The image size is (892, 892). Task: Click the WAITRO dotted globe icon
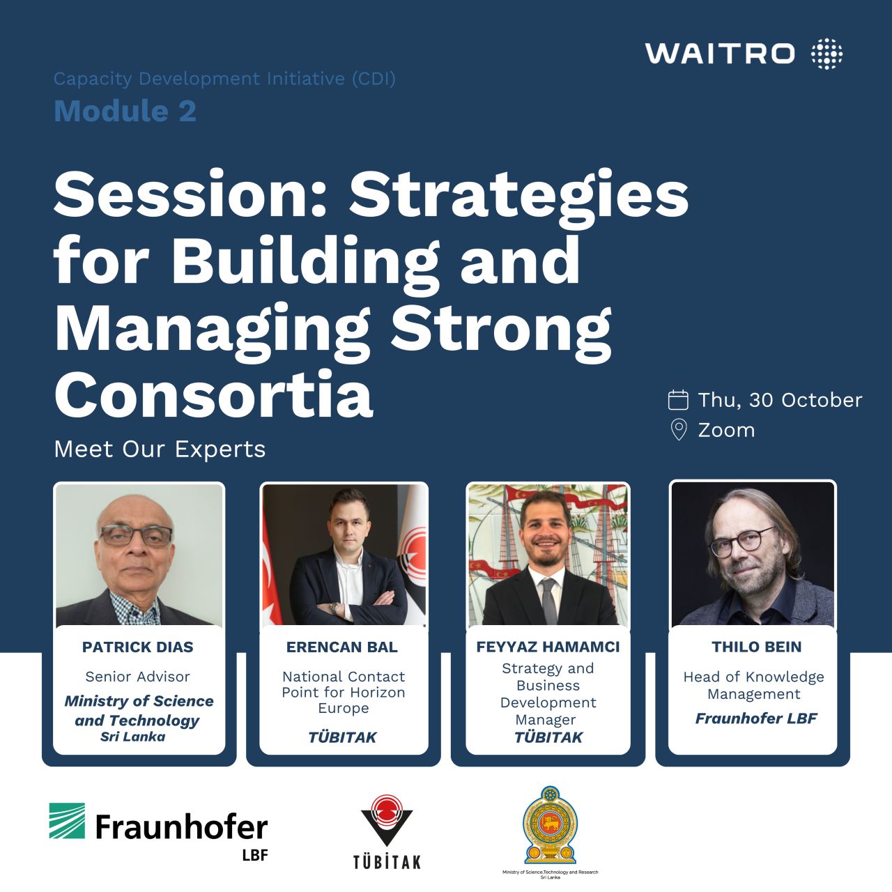[826, 54]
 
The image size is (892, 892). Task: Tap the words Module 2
[125, 111]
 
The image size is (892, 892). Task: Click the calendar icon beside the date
[678, 401]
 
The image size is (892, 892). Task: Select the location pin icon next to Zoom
[679, 430]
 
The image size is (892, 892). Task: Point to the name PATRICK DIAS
[138, 647]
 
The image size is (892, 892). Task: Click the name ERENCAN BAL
[342, 647]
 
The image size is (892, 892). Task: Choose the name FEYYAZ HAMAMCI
[548, 647]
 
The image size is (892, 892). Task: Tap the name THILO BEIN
[756, 647]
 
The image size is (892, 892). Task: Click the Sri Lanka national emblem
[550, 825]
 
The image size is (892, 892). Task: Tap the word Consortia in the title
[214, 394]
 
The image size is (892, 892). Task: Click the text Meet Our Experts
[160, 449]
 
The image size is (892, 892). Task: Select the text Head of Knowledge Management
[753, 685]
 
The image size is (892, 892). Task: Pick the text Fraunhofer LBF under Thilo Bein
[756, 718]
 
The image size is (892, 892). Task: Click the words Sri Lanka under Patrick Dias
[133, 737]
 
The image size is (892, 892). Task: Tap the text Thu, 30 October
[780, 401]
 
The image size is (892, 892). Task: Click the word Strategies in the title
[519, 194]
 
